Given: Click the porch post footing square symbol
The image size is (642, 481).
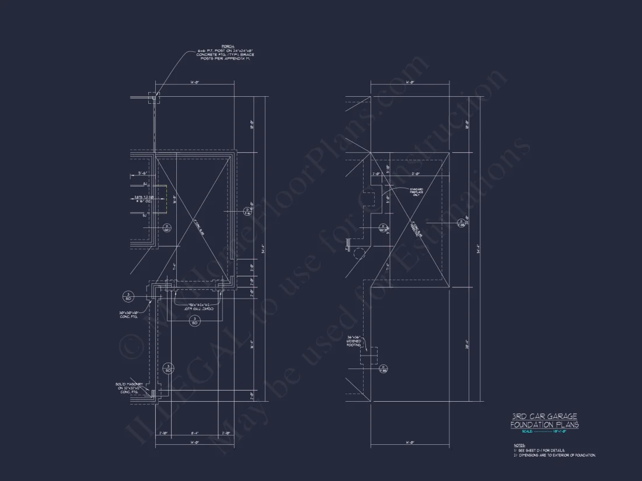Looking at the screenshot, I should (x=155, y=97).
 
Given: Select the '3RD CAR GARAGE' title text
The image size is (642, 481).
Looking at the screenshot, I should (x=544, y=416).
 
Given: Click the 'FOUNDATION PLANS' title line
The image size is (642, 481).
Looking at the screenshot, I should (x=544, y=424).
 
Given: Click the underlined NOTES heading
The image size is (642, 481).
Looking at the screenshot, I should (x=511, y=445).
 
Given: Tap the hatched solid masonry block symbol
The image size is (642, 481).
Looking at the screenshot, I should (x=154, y=394).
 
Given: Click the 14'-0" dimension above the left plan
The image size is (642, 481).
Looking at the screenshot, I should (x=195, y=83).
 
